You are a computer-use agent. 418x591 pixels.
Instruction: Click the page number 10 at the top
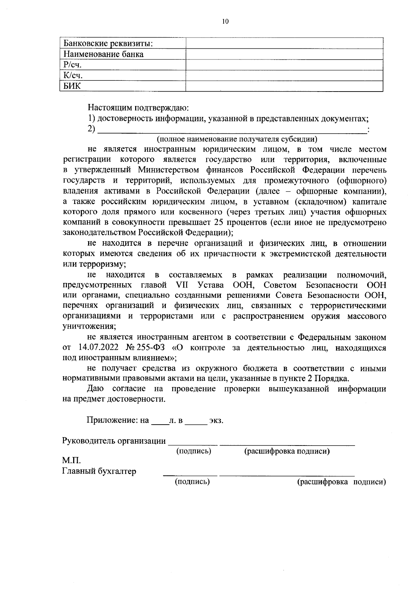click(225, 22)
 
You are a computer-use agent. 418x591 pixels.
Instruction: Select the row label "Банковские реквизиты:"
click(108, 44)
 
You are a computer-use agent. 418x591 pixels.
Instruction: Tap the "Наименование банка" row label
click(103, 54)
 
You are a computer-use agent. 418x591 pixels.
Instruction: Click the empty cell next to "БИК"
click(284, 86)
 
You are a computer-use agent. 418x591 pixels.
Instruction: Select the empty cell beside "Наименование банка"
click(284, 54)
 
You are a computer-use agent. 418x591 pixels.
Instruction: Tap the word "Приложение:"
click(113, 420)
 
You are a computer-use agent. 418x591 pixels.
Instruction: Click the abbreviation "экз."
click(216, 420)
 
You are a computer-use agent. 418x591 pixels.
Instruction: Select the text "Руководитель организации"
click(114, 441)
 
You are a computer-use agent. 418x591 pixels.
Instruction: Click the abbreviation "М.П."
click(71, 460)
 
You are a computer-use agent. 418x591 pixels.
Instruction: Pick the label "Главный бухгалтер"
click(99, 471)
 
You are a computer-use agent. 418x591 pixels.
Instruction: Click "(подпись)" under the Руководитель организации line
click(194, 451)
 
